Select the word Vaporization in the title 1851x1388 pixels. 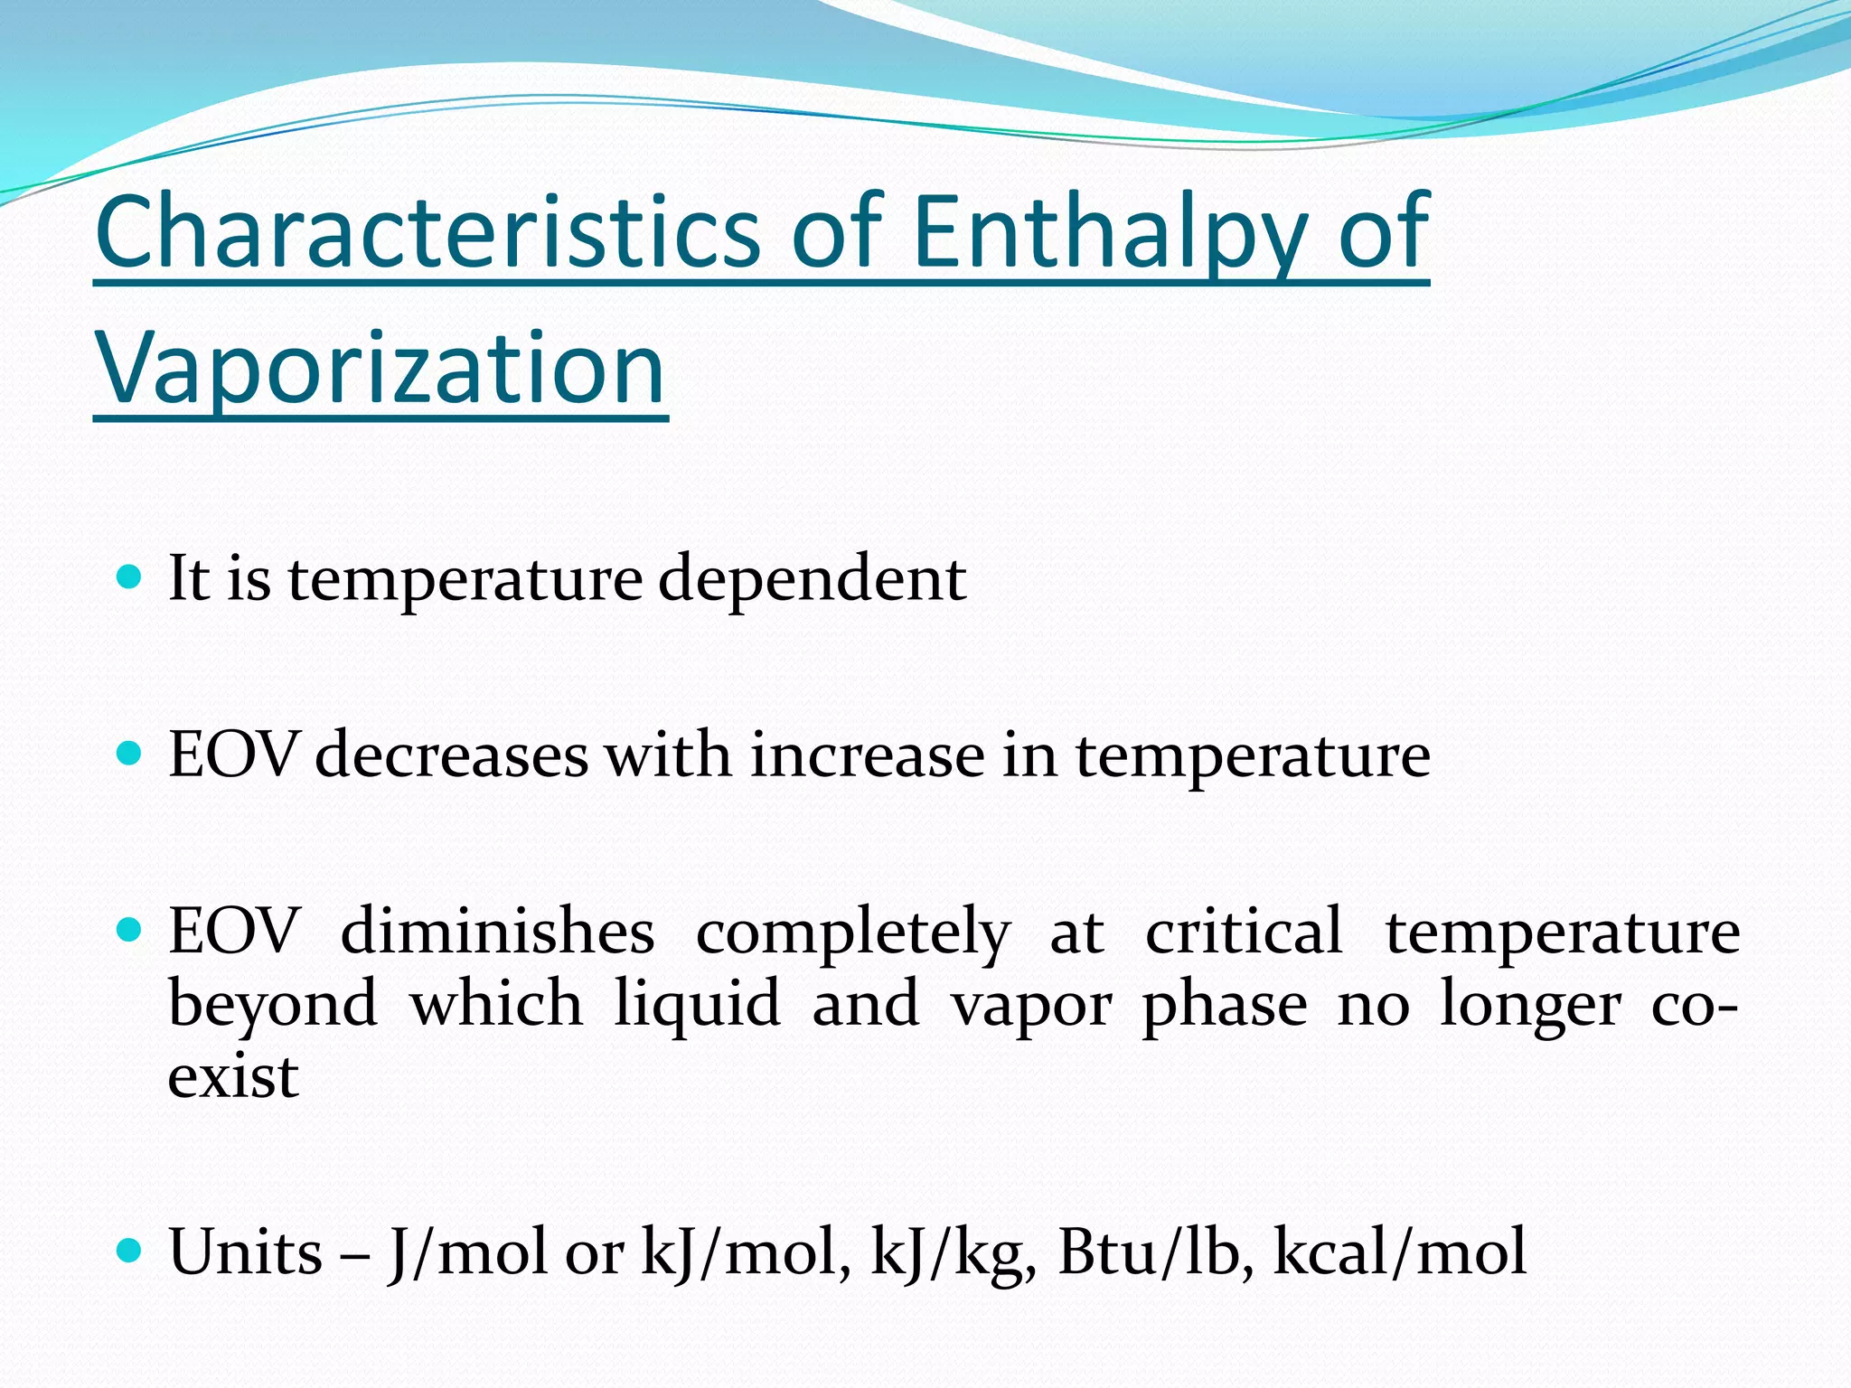pos(380,369)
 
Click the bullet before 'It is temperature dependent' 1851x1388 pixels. pos(130,577)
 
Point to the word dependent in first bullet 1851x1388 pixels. pos(812,578)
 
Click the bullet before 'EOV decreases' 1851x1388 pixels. pos(130,753)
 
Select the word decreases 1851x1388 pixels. pos(451,755)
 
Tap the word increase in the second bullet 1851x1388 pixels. pos(867,755)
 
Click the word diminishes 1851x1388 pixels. pos(497,932)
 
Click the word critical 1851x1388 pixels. pos(1244,932)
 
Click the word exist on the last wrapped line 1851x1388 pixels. pos(233,1076)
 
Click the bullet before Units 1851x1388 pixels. pos(130,1251)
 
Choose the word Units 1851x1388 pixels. pos(246,1252)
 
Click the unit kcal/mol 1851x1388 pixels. pos(1399,1252)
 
